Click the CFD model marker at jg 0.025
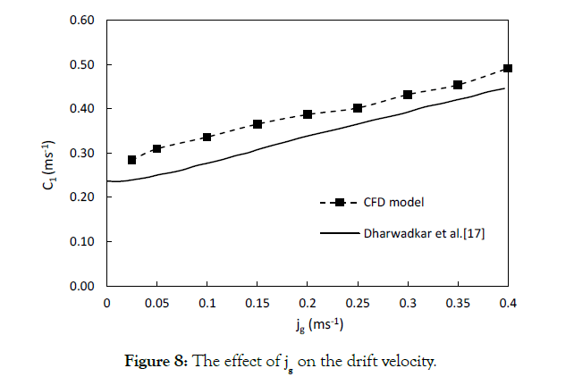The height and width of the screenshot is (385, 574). pos(131,160)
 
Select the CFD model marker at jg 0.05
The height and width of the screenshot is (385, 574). pos(156,148)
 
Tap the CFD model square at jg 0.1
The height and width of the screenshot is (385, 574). pos(207,137)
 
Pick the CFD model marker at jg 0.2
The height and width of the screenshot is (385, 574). pos(308,114)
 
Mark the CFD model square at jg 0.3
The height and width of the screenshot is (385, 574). pos(408,95)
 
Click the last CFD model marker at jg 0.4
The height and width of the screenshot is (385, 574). pos(508,68)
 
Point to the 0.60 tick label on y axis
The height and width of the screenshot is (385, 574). pos(83,21)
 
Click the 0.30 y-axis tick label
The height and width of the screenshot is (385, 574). pos(83,153)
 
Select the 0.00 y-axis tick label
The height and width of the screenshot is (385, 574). pos(83,286)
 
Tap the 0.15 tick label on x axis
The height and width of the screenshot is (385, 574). pos(257,304)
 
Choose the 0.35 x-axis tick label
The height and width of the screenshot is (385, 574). pos(457,304)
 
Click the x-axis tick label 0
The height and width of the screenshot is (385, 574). pos(106,304)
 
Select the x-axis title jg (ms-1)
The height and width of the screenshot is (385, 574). pos(306,324)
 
